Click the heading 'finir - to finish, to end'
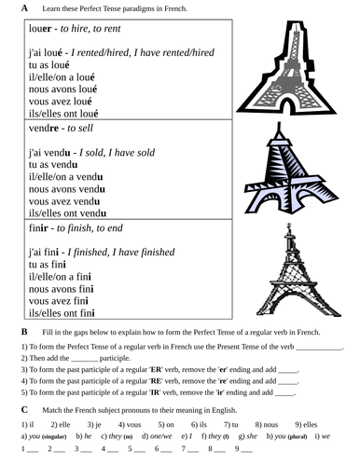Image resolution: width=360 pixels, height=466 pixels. coord(78,227)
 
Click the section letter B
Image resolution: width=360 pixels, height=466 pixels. coord(24,332)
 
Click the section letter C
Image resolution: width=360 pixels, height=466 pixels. coord(24,409)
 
